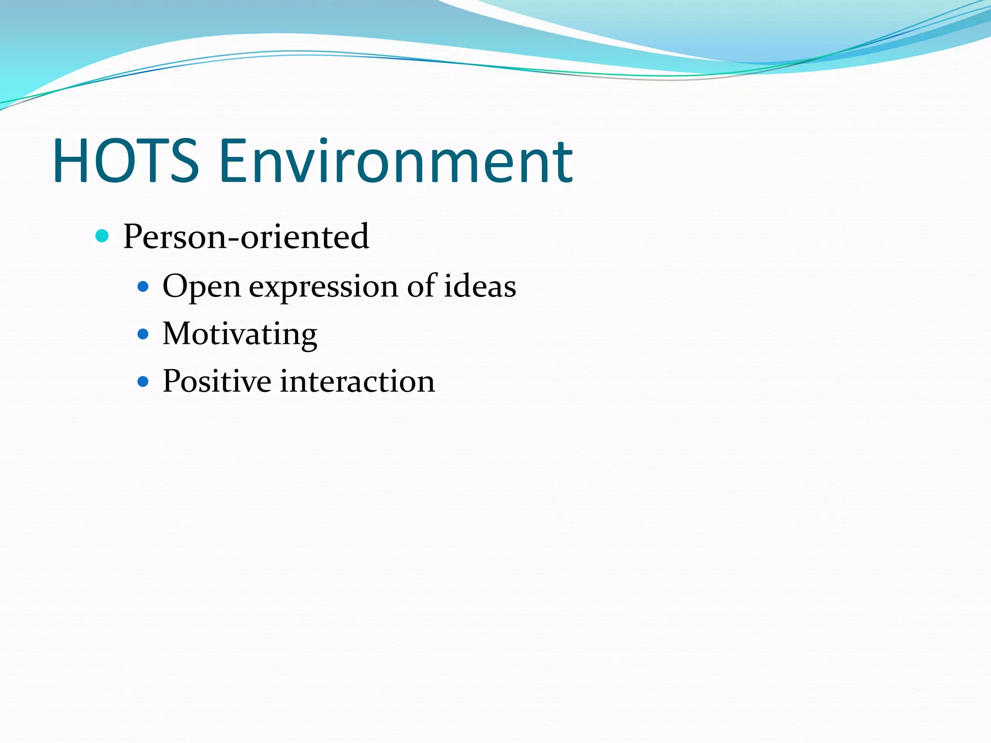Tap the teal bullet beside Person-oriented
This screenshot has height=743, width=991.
coord(102,236)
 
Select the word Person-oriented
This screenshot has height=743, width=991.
coord(246,237)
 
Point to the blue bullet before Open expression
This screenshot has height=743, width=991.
coord(143,287)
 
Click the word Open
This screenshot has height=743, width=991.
coord(201,287)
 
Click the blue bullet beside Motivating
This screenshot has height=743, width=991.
coord(143,334)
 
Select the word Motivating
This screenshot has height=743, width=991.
coord(240,334)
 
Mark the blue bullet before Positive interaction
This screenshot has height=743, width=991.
coord(143,382)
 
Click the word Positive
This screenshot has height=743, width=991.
coord(217,382)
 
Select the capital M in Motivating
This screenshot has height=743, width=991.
coord(178,333)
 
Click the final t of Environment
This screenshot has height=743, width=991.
coord(563,163)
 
